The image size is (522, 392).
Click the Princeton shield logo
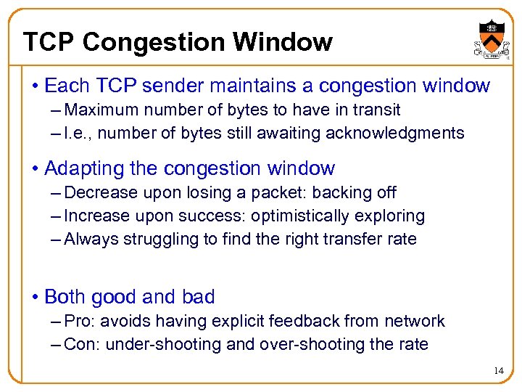[x=489, y=36]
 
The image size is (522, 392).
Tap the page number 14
[x=498, y=371]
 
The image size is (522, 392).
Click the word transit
[x=378, y=110]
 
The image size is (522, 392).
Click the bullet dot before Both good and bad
[x=35, y=298]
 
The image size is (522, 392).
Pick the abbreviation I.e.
[x=76, y=134]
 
